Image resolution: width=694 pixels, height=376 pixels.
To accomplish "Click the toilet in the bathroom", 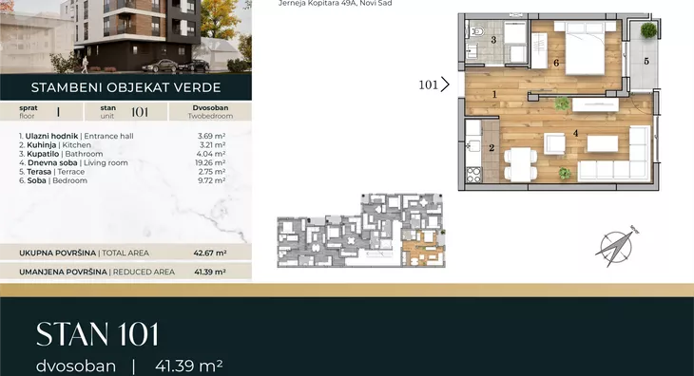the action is pos(476,30).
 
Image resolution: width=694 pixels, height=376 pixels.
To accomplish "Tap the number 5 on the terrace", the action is pos(646,61).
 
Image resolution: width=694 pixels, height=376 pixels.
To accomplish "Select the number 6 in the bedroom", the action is pos(556,63).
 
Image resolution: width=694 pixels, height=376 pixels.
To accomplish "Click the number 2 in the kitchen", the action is pos(492,148).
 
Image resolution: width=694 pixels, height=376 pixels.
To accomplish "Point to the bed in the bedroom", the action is pos(585,47).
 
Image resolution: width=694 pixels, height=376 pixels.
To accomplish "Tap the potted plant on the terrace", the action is pos(648,30).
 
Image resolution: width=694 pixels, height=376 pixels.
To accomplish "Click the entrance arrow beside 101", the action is pos(445,84).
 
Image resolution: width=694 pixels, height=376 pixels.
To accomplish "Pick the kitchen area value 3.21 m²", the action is pos(212,145).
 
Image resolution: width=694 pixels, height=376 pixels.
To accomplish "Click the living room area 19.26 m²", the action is pos(210,162).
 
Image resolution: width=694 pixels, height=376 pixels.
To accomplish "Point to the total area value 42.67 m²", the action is pos(210,254).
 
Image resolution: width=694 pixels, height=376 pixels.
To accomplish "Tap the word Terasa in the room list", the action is pos(39,172).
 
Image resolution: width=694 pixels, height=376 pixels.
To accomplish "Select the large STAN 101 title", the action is pos(97,334).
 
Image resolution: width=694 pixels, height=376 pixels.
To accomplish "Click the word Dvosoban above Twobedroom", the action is pos(210,108).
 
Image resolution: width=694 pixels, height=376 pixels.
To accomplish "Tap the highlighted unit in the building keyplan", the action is pos(423,248).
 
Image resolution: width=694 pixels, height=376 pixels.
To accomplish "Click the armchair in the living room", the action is pos(554,144).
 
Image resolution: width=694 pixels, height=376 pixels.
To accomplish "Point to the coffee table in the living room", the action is pos(603,144).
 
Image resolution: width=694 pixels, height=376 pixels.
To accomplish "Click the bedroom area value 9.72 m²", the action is pos(212,180).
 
